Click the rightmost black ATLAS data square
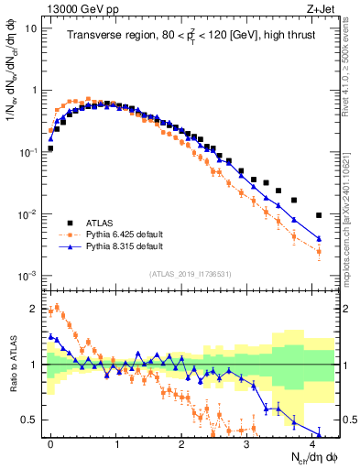pyautogui.click(x=319, y=215)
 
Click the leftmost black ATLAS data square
pyautogui.click(x=50, y=147)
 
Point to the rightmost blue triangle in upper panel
pyautogui.click(x=319, y=238)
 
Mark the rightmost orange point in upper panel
pyautogui.click(x=319, y=250)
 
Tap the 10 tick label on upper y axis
pyautogui.click(x=31, y=28)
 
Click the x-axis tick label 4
pyautogui.click(x=312, y=442)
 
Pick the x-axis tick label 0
pyautogui.click(x=50, y=442)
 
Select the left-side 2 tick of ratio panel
pyautogui.click(x=34, y=309)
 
